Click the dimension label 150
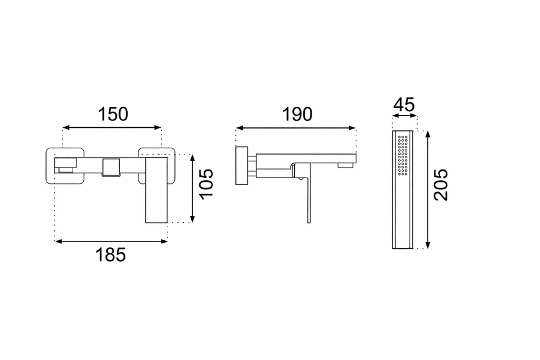pos(113,114)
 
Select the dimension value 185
pos(110,255)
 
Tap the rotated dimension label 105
pos(207,184)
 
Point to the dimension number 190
pos(297,114)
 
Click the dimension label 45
pos(404,105)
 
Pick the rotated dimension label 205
pos(441,184)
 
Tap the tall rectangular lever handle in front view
pos(156,190)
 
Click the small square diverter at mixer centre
pos(111,168)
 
